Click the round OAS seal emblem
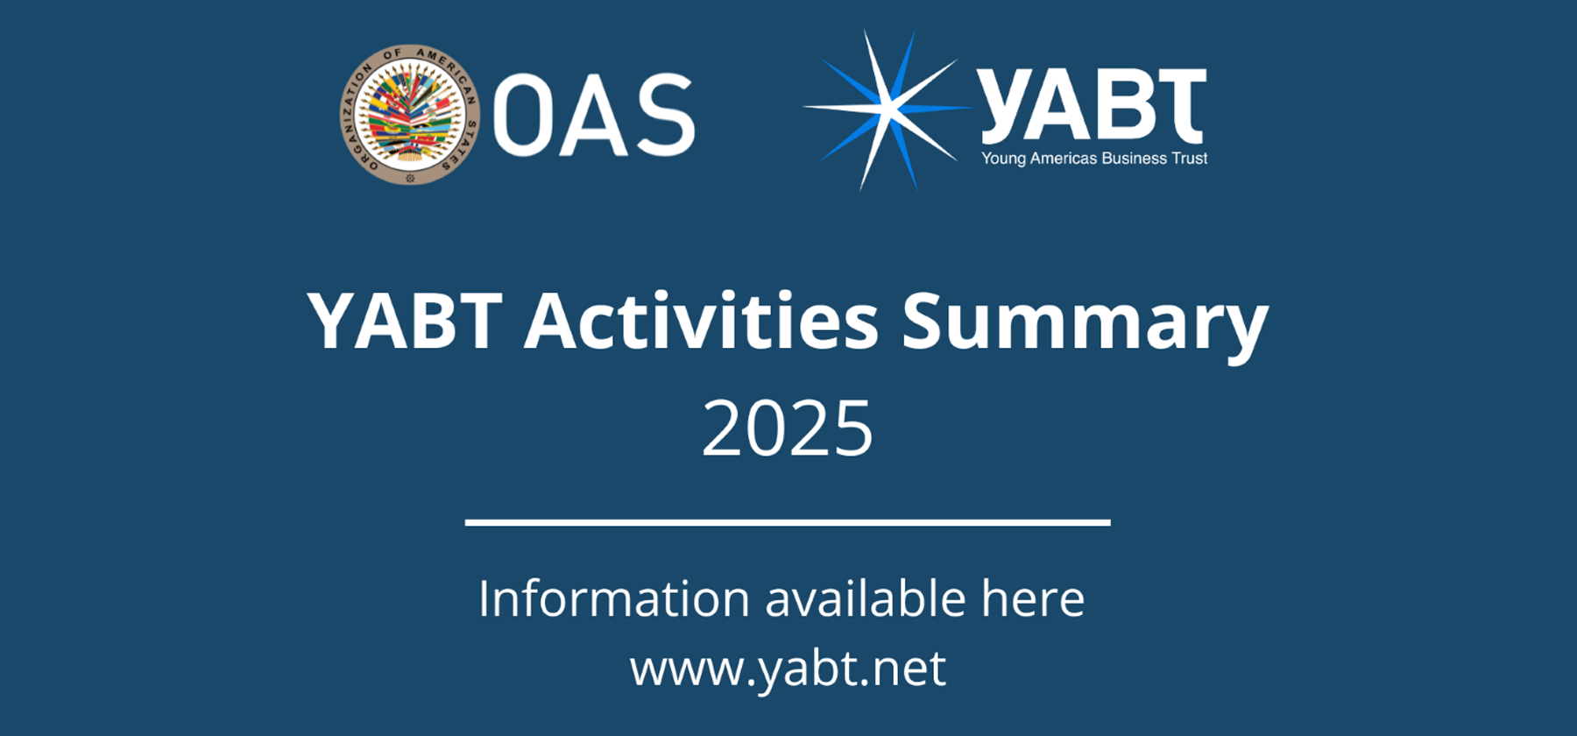pos(410,115)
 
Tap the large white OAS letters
pos(594,115)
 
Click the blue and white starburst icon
pos(887,110)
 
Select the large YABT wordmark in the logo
pos(1093,106)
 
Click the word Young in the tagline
pos(1003,159)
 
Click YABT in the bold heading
pos(405,321)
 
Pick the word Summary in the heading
pos(1085,326)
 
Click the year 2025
pos(788,428)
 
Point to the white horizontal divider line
pos(788,522)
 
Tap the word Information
pos(614,598)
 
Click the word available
pos(866,598)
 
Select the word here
pos(1033,598)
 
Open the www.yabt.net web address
pos(788,669)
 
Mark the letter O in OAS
pos(524,115)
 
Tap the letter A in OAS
pos(593,115)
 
